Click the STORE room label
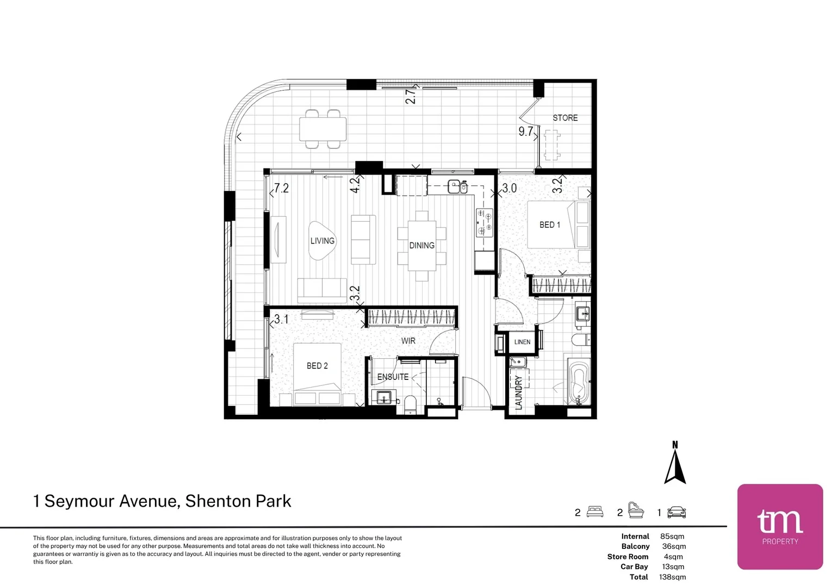click(565, 118)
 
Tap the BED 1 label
click(549, 224)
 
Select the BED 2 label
click(317, 366)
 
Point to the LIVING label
click(323, 241)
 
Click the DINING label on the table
click(422, 246)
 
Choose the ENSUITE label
click(393, 377)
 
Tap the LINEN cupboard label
click(522, 342)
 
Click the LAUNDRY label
click(519, 392)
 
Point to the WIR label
click(408, 341)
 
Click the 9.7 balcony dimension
click(526, 132)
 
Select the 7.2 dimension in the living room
click(282, 189)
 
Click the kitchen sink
click(457, 186)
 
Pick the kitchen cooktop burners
click(485, 222)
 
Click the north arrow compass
click(675, 463)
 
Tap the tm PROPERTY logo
click(780, 527)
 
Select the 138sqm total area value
click(672, 577)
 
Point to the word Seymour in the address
click(80, 501)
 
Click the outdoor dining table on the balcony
click(323, 129)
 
